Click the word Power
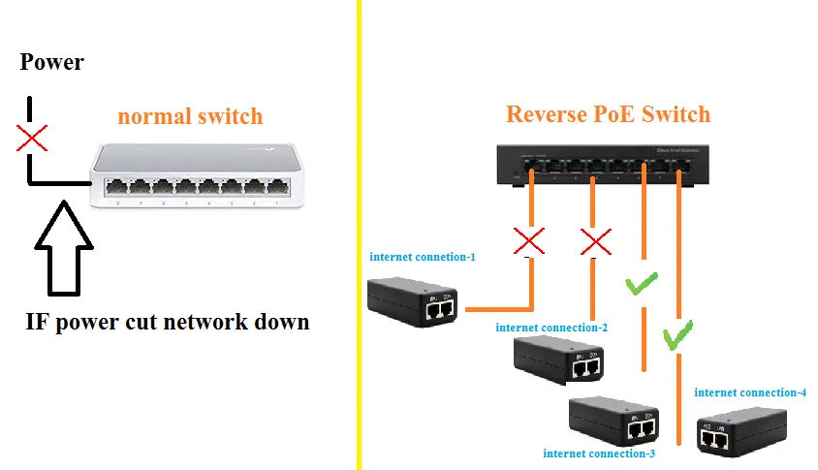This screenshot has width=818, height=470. click(52, 63)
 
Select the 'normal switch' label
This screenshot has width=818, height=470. click(190, 116)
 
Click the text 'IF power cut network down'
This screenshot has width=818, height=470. click(168, 322)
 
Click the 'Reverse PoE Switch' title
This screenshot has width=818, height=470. click(608, 114)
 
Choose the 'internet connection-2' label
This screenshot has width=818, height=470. click(551, 328)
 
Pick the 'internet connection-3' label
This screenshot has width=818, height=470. click(599, 453)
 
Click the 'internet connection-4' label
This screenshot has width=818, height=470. click(750, 392)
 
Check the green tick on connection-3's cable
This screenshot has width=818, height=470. click(641, 285)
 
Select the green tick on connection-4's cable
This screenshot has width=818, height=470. click(677, 336)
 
